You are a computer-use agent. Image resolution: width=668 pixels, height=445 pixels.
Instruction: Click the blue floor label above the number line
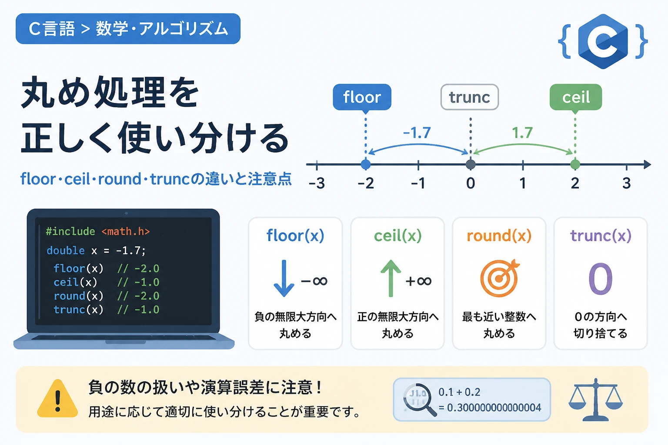coord(362,97)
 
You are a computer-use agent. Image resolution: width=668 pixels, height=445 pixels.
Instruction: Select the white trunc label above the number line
coord(470,97)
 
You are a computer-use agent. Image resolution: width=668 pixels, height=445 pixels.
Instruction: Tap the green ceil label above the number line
coord(576,97)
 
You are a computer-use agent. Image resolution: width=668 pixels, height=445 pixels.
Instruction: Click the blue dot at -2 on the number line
coord(366,164)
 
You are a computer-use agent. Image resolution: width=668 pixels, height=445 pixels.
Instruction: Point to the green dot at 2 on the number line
coord(575,164)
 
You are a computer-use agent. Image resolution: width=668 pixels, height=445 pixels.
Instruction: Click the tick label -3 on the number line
coord(317,183)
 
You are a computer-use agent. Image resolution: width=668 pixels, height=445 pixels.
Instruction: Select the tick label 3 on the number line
coord(627,183)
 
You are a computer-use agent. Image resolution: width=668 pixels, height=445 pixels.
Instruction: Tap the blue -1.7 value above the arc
coord(417,133)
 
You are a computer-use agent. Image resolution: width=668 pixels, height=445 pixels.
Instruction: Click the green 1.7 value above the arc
coord(522,133)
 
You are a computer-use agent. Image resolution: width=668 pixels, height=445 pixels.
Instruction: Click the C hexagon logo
coord(603,41)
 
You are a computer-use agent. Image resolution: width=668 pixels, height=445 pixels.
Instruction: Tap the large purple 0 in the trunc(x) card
coord(601,279)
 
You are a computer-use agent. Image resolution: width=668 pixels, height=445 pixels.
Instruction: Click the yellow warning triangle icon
coord(57,399)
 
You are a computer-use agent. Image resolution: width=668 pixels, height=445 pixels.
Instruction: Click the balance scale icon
coord(595,399)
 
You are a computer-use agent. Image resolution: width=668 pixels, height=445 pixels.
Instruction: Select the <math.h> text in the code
coord(126,231)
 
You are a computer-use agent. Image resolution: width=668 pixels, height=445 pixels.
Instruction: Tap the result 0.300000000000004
coord(494,408)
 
